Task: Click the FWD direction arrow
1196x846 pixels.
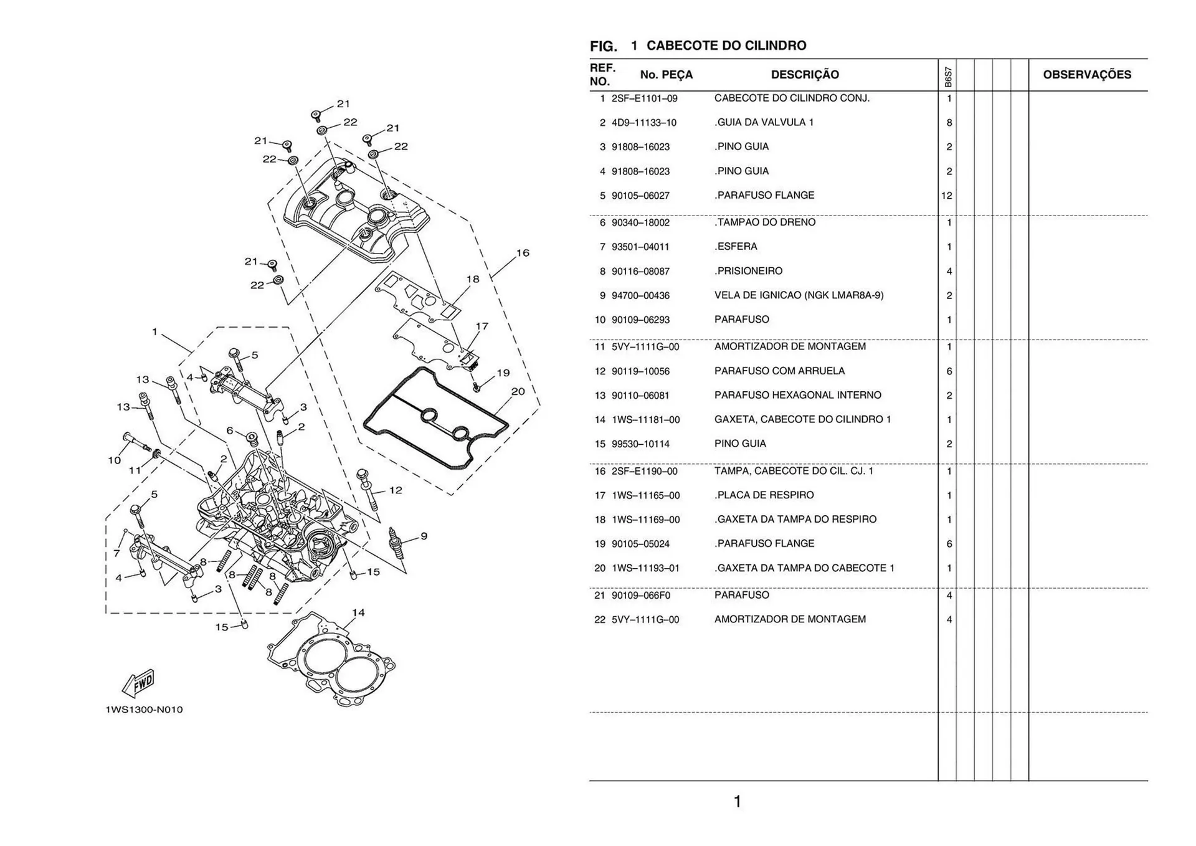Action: click(138, 683)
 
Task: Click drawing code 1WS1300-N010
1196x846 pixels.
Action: click(144, 710)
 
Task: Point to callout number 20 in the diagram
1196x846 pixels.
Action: click(518, 391)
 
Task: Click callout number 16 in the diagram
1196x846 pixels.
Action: click(523, 253)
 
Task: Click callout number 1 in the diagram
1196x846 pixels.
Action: click(154, 331)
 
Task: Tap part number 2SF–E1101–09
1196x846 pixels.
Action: click(644, 98)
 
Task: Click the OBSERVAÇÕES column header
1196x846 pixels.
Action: click(1087, 75)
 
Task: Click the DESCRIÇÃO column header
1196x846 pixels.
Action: click(805, 75)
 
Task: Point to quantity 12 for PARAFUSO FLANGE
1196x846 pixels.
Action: click(947, 196)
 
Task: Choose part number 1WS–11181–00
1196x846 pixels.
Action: click(645, 420)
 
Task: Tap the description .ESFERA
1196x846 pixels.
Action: click(736, 247)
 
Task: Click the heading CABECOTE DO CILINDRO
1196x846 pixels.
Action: click(726, 45)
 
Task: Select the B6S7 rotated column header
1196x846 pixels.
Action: click(947, 77)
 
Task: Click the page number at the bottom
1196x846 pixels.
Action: click(738, 802)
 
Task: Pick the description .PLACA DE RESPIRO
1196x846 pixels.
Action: click(764, 495)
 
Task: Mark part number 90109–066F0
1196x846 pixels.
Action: click(641, 596)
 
